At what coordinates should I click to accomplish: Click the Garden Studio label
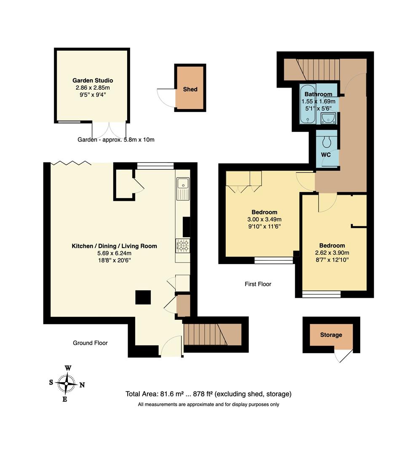pyautogui.click(x=93, y=80)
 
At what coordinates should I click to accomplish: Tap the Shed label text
pyautogui.click(x=190, y=89)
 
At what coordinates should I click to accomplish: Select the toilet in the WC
pyautogui.click(x=327, y=141)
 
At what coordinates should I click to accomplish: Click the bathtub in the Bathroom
pyautogui.click(x=307, y=104)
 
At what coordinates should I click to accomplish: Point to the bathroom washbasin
pyautogui.click(x=329, y=118)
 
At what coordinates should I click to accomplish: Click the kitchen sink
pyautogui.click(x=183, y=189)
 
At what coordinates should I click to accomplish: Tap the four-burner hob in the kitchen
pyautogui.click(x=183, y=246)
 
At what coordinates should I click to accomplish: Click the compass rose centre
pyautogui.click(x=67, y=384)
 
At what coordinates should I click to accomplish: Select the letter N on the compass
pyautogui.click(x=82, y=385)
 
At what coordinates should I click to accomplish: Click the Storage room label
pyautogui.click(x=331, y=335)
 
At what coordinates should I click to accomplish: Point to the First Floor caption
pyautogui.click(x=258, y=284)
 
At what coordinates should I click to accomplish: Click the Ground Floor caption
pyautogui.click(x=90, y=343)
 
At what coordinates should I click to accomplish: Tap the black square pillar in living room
pyautogui.click(x=143, y=297)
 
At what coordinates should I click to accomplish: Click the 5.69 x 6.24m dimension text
pyautogui.click(x=114, y=253)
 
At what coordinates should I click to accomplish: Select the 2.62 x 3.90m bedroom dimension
pyautogui.click(x=332, y=253)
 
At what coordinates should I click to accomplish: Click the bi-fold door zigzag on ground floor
pyautogui.click(x=71, y=163)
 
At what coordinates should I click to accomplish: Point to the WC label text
pyautogui.click(x=326, y=155)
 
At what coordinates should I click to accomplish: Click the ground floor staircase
pyautogui.click(x=212, y=334)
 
